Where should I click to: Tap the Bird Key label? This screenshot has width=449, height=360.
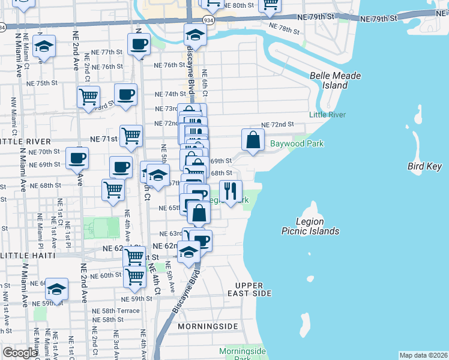click(x=424, y=166)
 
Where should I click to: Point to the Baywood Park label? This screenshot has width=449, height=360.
click(x=297, y=143)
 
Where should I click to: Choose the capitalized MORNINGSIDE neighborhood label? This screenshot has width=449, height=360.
click(x=208, y=326)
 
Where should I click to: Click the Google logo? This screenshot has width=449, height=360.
click(x=20, y=353)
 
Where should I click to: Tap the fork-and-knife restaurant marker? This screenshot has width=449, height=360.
click(x=231, y=191)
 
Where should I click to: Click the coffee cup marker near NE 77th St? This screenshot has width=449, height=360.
click(x=139, y=44)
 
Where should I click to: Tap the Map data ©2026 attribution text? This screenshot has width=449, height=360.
click(x=423, y=355)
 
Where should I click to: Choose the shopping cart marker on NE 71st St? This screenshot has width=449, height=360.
click(x=131, y=136)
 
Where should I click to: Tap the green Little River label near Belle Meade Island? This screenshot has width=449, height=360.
click(x=327, y=115)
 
